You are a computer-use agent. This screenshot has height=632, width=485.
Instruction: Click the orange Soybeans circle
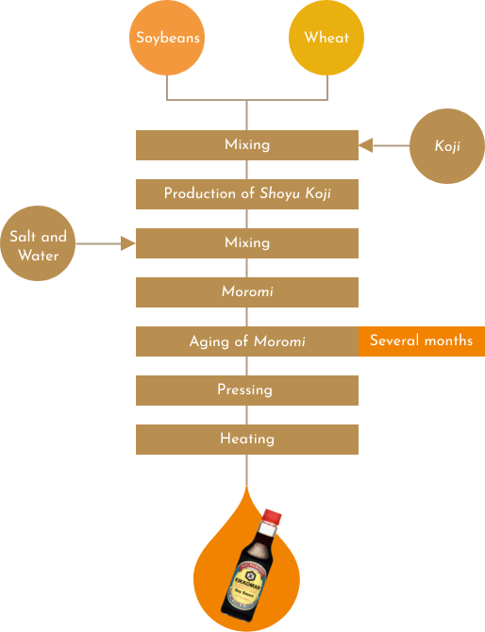coord(167,38)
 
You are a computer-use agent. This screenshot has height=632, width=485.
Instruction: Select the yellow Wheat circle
coord(326,38)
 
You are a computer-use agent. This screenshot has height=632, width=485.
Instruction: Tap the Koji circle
coord(447,146)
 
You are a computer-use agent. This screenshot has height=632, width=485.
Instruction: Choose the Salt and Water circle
coord(38,243)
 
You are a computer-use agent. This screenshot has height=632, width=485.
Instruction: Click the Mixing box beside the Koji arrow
coord(247,145)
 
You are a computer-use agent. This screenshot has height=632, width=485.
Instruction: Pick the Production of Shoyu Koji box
coord(247,194)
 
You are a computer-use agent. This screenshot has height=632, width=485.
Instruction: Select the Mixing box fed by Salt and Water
coord(247,243)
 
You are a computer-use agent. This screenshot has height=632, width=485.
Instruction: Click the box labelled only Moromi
coord(247,292)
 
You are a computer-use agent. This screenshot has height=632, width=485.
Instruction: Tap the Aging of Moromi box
coord(247,341)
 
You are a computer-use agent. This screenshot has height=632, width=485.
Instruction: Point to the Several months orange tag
coord(422,341)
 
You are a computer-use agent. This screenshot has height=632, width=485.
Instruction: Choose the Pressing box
coord(247,391)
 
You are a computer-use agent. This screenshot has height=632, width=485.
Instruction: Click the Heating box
coord(247,440)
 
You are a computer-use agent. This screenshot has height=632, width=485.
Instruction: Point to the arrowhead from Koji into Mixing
coord(366,145)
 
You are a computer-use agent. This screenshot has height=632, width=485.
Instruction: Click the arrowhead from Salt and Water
coord(128,243)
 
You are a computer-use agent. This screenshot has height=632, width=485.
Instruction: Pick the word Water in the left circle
coord(39,256)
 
